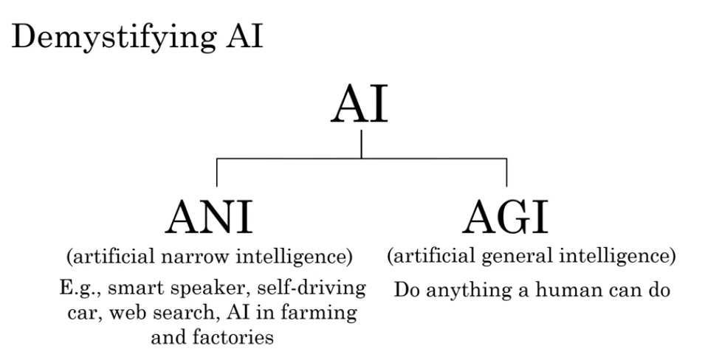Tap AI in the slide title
tap(244, 35)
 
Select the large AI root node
tap(359, 105)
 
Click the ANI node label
tap(209, 218)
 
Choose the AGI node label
tap(506, 218)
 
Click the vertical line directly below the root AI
tap(361, 145)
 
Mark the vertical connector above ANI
tap(217, 172)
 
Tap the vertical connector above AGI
tap(506, 172)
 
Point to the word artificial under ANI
tap(111, 257)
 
